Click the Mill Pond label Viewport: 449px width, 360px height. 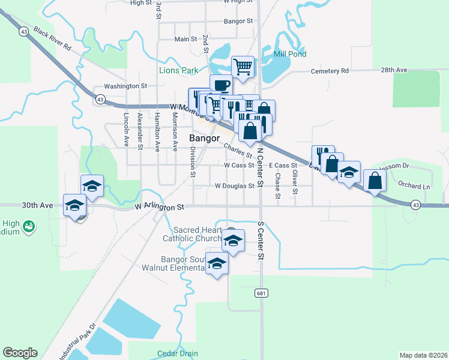tap(290, 54)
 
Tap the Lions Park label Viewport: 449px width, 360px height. tap(178, 70)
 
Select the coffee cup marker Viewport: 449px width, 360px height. tap(220, 86)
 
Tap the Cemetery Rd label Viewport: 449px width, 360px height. tap(330, 71)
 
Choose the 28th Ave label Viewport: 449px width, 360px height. tap(394, 70)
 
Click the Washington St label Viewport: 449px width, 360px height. tap(125, 86)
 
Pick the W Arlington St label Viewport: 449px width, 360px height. tap(159, 207)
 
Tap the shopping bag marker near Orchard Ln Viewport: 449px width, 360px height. tap(375, 181)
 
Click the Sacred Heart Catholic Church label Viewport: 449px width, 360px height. tap(198, 234)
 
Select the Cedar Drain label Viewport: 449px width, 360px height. tap(177, 353)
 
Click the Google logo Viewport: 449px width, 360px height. tap(20, 353)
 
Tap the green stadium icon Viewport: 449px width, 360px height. tap(28, 226)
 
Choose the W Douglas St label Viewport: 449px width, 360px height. tap(234, 186)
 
